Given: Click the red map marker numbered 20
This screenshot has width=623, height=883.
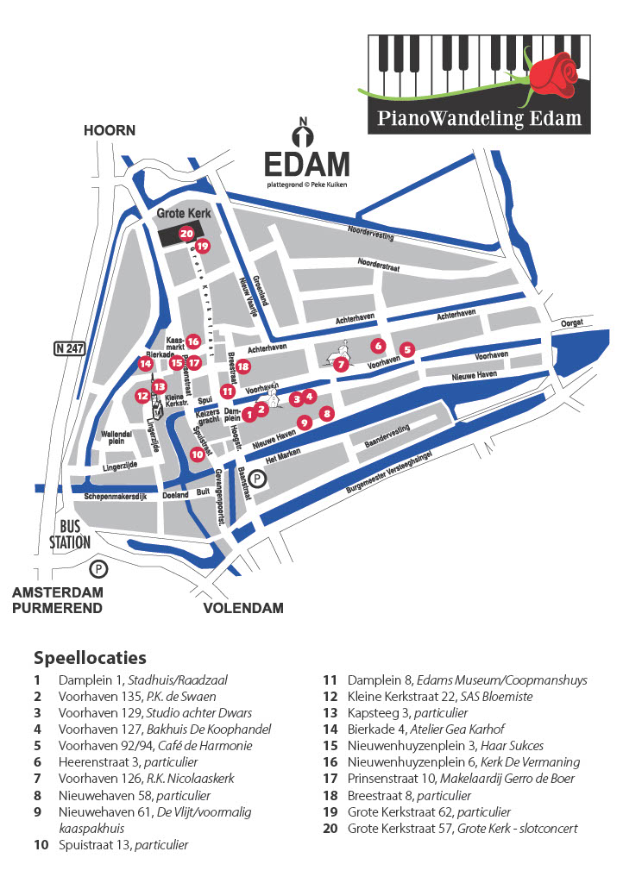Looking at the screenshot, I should coord(186,233).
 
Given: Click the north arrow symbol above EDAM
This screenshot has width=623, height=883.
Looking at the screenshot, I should coord(302,136).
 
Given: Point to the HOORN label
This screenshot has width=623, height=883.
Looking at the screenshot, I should coord(110,130).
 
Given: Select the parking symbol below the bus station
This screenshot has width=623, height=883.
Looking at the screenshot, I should coord(100,568).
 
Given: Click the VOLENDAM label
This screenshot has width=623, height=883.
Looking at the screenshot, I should coord(243,608).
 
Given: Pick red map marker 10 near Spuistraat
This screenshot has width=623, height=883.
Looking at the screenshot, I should coord(197,454).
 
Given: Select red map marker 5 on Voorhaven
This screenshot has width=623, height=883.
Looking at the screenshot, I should coord(407,349).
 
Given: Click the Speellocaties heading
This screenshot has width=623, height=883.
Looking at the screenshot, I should coord(90,659).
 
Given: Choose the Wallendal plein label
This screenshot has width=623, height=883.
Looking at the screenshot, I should coord(116,437).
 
